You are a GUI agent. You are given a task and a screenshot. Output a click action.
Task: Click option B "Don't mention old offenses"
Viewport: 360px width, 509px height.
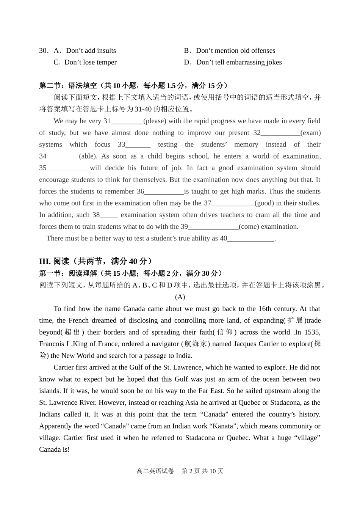tap(235, 50)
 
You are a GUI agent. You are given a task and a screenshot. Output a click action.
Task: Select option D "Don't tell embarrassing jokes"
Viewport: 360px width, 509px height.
tap(239, 62)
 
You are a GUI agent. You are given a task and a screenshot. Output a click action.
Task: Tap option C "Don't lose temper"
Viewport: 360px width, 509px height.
tap(90, 62)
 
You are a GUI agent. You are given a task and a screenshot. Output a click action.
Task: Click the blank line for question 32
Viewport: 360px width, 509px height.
tap(280, 133)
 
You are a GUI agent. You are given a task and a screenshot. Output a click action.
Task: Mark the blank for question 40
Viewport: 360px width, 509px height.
tap(250, 239)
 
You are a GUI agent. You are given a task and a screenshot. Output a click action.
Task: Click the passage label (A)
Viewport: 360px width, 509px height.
tap(180, 297)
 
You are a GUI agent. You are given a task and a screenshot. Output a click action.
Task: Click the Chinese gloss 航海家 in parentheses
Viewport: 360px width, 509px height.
tap(196, 344)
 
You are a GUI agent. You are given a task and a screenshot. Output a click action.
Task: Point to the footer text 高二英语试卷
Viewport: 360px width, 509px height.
tap(155, 471)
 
